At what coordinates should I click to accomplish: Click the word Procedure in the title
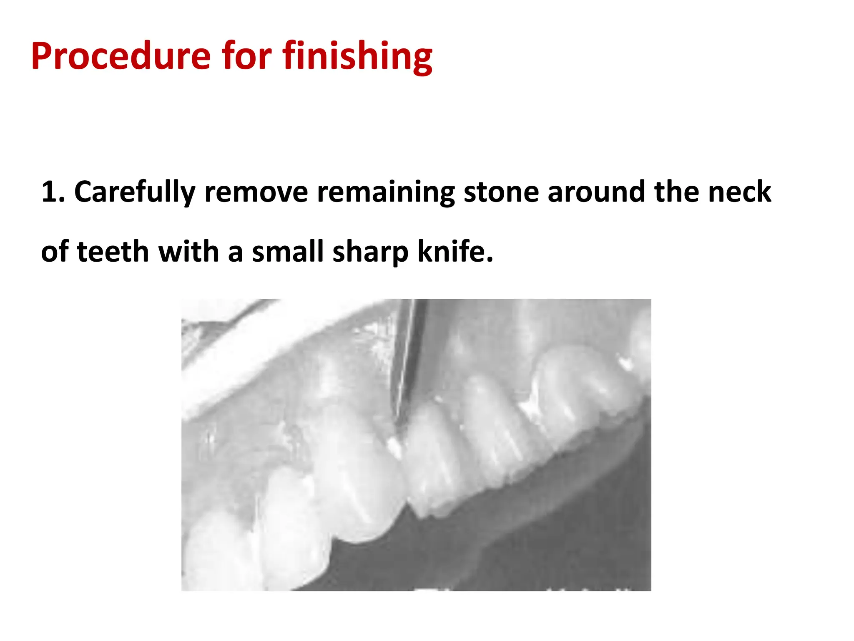click(121, 56)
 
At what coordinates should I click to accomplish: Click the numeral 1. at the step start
click(53, 192)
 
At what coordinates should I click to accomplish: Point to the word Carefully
click(134, 192)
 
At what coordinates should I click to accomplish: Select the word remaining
click(386, 192)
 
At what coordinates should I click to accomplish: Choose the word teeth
click(113, 252)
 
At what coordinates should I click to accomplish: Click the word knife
click(455, 252)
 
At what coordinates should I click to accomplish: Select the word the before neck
click(677, 192)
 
